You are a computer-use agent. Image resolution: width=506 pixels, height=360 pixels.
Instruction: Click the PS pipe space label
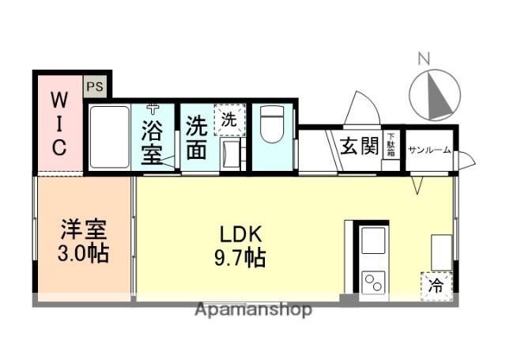(x=95, y=86)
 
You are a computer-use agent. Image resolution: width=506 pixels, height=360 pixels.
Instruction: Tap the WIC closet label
(x=59, y=123)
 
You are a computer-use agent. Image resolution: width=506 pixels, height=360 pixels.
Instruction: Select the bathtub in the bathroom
(x=109, y=137)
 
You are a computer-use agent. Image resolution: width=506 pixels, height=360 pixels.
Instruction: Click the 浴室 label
(x=152, y=142)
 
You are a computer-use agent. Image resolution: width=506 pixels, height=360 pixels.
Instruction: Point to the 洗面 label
(x=196, y=137)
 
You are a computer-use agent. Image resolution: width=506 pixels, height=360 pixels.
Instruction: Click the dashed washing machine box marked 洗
(x=230, y=119)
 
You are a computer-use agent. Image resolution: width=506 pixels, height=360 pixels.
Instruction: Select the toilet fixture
(x=272, y=124)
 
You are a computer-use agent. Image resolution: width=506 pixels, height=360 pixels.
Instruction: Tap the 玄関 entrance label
(x=359, y=146)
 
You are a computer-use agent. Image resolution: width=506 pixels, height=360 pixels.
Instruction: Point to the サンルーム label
(x=429, y=150)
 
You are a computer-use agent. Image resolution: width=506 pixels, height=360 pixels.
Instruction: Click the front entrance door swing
(x=361, y=108)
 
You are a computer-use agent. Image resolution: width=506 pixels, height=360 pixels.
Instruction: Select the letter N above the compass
(x=424, y=59)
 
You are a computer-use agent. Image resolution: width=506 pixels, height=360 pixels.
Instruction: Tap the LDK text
(x=240, y=235)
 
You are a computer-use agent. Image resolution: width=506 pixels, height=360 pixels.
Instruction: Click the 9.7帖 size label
(x=240, y=258)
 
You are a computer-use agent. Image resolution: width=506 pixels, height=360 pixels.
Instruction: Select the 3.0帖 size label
(x=83, y=253)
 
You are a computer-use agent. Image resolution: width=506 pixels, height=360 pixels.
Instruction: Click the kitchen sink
(x=373, y=241)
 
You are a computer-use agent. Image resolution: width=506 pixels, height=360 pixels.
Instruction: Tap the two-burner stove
(x=373, y=282)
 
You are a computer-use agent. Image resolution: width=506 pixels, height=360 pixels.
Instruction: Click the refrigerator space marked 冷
(x=436, y=286)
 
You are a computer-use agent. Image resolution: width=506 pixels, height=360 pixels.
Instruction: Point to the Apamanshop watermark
(x=253, y=310)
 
